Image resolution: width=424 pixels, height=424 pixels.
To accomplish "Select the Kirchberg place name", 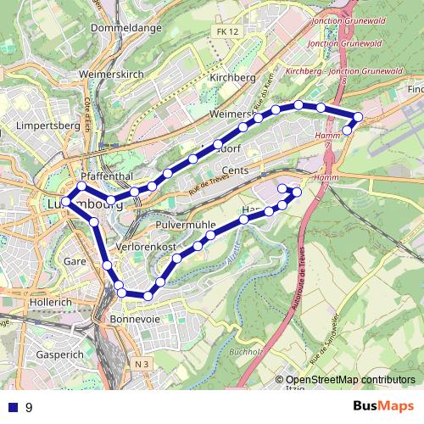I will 232,77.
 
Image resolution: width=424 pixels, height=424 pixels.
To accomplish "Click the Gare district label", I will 75,261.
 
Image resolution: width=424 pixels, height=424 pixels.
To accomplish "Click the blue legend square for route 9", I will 12,408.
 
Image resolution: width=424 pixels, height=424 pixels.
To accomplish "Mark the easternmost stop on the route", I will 358,116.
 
